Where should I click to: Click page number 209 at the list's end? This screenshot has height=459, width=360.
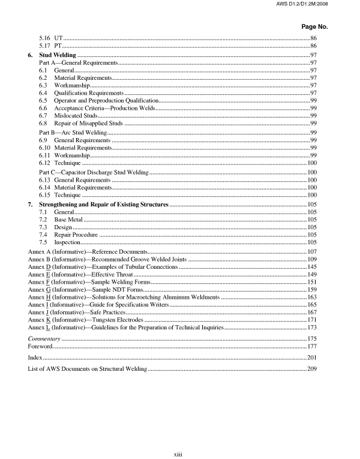(x=311, y=368)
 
